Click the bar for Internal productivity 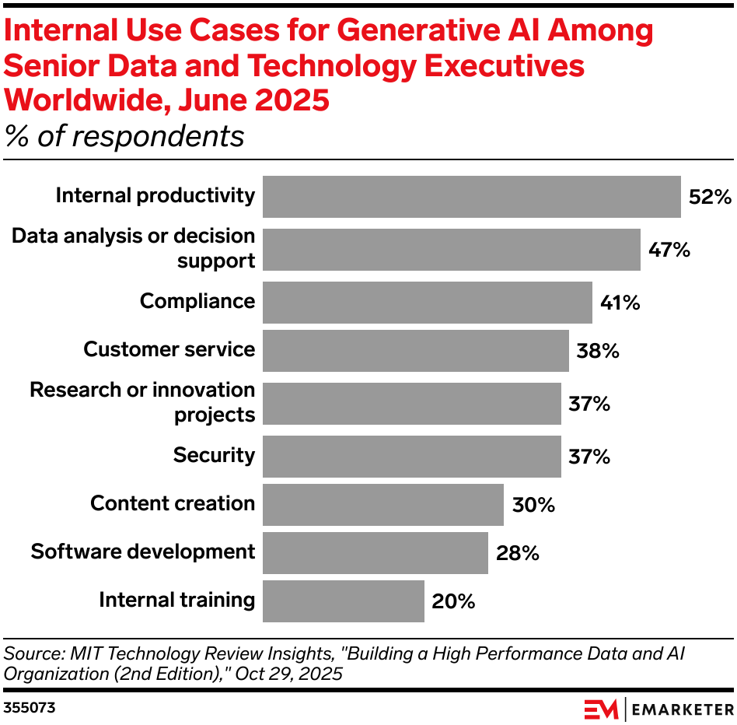click(471, 196)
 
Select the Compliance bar click(427, 302)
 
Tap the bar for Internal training click(343, 601)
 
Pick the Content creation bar click(382, 504)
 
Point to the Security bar click(411, 456)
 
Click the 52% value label click(711, 197)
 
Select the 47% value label click(670, 250)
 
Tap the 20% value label click(454, 601)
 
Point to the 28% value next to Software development click(518, 553)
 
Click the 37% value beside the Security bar click(589, 457)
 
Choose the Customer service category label click(169, 350)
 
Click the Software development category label click(142, 552)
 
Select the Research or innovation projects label click(142, 402)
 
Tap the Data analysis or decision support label click(133, 248)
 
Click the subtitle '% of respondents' click(124, 137)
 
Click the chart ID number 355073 click(29, 709)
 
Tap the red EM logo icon click(601, 709)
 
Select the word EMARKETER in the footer click(679, 709)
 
